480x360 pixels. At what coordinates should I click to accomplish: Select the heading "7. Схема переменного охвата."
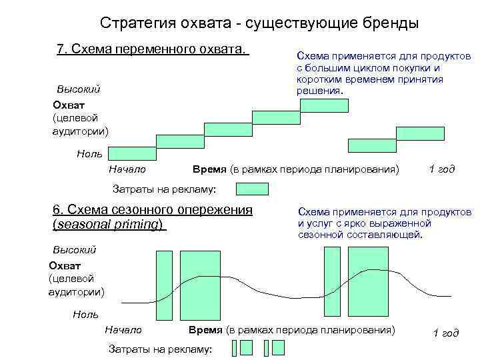click(x=153, y=50)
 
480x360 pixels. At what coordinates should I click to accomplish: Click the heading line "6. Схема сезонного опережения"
click(x=153, y=209)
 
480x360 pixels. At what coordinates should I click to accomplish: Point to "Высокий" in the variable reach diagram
click(x=78, y=88)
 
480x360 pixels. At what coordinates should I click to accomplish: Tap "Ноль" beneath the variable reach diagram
click(x=89, y=154)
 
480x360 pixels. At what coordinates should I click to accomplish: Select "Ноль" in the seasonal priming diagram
click(x=85, y=314)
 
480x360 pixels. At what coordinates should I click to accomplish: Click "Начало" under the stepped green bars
click(x=127, y=169)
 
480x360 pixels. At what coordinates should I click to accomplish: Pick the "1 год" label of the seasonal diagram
click(x=446, y=333)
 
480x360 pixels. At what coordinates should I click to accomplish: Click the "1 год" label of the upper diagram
click(x=441, y=169)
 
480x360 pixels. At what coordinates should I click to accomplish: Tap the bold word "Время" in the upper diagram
click(x=209, y=169)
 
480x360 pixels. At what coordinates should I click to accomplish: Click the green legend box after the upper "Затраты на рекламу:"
click(x=253, y=189)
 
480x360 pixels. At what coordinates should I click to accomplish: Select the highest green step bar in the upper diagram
click(x=324, y=105)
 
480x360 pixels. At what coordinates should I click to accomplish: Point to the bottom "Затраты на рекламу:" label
click(x=159, y=349)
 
